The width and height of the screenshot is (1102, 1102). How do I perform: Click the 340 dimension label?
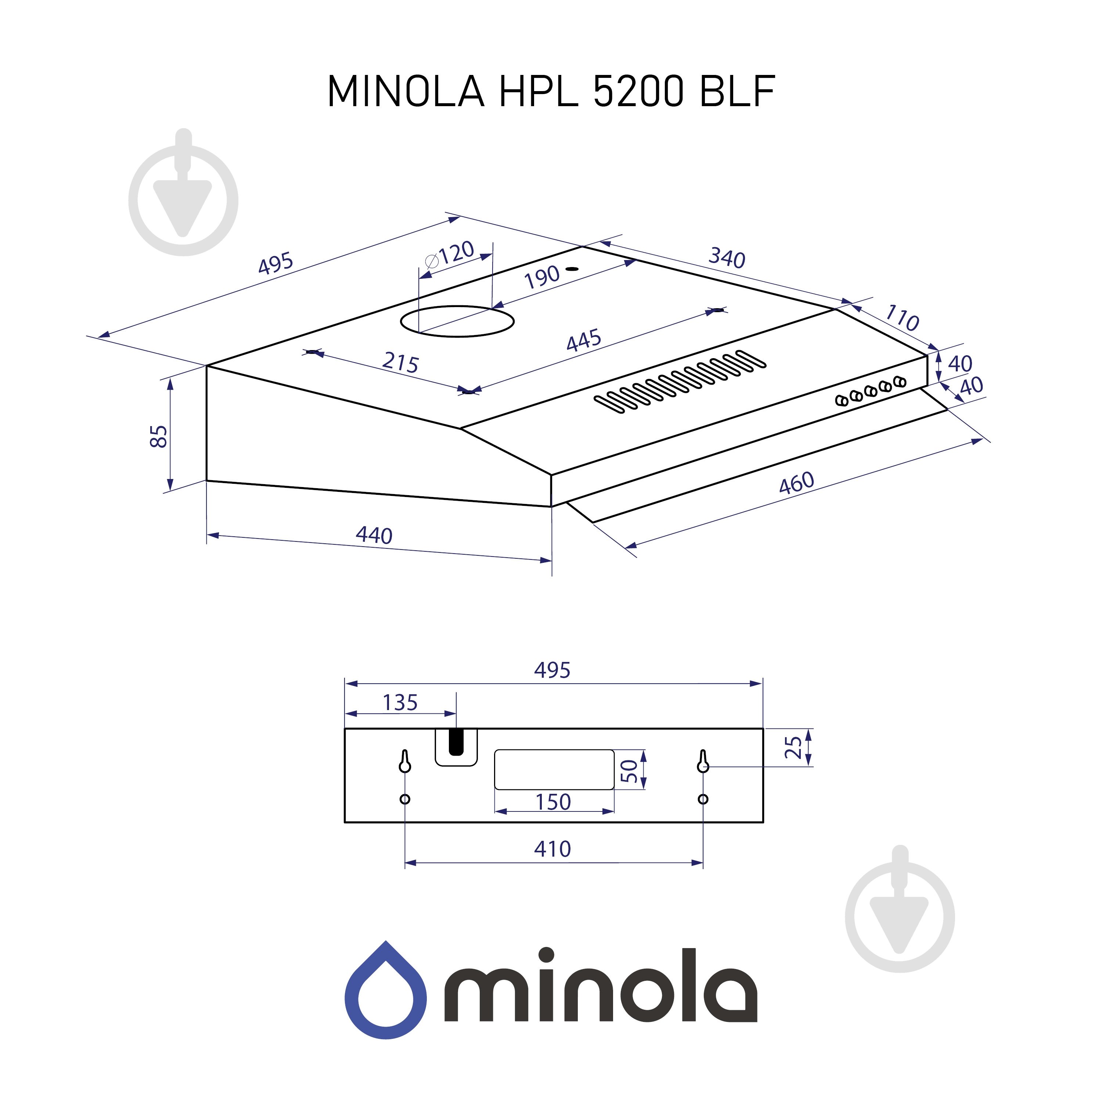tap(727, 258)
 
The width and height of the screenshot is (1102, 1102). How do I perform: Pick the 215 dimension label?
tap(400, 362)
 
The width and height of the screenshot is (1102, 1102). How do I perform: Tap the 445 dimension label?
tap(584, 340)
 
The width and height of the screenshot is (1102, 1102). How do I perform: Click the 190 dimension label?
tap(541, 277)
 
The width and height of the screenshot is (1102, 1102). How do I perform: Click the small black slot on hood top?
tap(572, 268)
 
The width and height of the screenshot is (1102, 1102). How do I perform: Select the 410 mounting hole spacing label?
tap(552, 849)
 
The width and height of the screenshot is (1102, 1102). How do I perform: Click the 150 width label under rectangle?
tap(553, 802)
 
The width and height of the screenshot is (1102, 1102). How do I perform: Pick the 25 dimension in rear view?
tap(793, 747)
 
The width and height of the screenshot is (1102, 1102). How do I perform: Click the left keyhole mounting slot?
tap(404, 761)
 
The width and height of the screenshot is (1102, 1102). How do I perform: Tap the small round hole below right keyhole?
tap(703, 799)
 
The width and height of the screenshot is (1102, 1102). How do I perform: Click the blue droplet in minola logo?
tap(386, 990)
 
